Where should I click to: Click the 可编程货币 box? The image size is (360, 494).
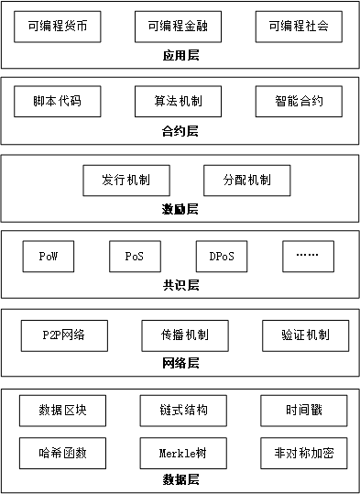click(58, 27)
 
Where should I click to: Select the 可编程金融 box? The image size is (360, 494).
click(179, 27)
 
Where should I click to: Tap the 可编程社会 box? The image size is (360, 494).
click(299, 27)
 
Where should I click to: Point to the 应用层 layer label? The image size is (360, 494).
click(180, 56)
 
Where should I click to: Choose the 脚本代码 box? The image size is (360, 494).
click(57, 101)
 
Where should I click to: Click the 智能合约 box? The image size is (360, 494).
click(299, 101)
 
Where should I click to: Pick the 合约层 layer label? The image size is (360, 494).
click(180, 131)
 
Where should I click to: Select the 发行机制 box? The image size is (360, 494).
click(125, 179)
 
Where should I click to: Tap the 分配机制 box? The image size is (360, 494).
click(246, 179)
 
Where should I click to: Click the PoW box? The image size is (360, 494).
click(49, 256)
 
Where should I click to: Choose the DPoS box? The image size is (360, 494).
click(222, 256)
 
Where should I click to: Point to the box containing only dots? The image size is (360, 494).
click(308, 256)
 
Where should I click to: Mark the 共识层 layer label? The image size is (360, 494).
click(180, 285)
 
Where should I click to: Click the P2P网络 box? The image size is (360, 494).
click(63, 335)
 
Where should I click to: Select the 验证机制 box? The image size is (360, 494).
click(305, 335)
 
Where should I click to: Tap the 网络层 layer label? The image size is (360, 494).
click(180, 363)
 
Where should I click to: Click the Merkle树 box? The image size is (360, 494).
click(180, 452)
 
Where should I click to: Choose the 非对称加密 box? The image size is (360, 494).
click(304, 452)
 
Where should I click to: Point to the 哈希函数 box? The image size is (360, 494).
click(62, 452)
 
